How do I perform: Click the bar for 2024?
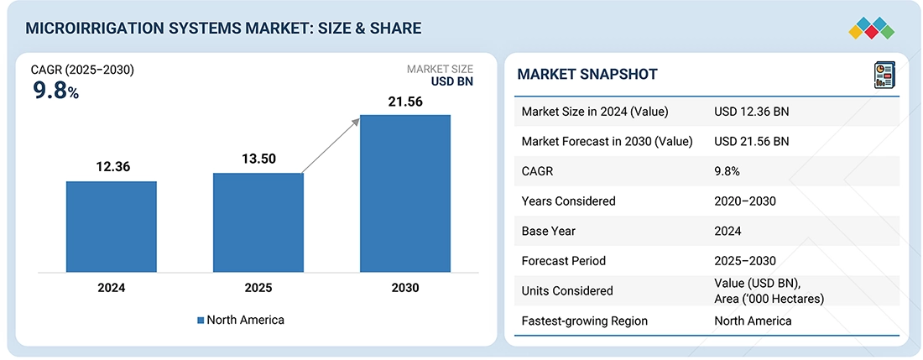tap(111, 227)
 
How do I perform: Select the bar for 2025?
tap(258, 222)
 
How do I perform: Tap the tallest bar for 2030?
tap(405, 193)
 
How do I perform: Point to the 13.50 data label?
tap(258, 159)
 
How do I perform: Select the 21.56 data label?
tap(405, 101)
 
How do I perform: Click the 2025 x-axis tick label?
tap(258, 288)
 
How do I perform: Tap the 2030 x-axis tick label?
tap(405, 288)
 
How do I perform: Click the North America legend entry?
tap(240, 320)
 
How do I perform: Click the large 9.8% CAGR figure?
tap(55, 91)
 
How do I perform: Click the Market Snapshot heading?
tap(587, 75)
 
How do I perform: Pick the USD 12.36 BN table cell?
tap(751, 112)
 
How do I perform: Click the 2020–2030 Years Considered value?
tap(744, 201)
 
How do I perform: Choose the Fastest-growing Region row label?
tap(585, 321)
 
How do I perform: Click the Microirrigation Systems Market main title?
tap(223, 29)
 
